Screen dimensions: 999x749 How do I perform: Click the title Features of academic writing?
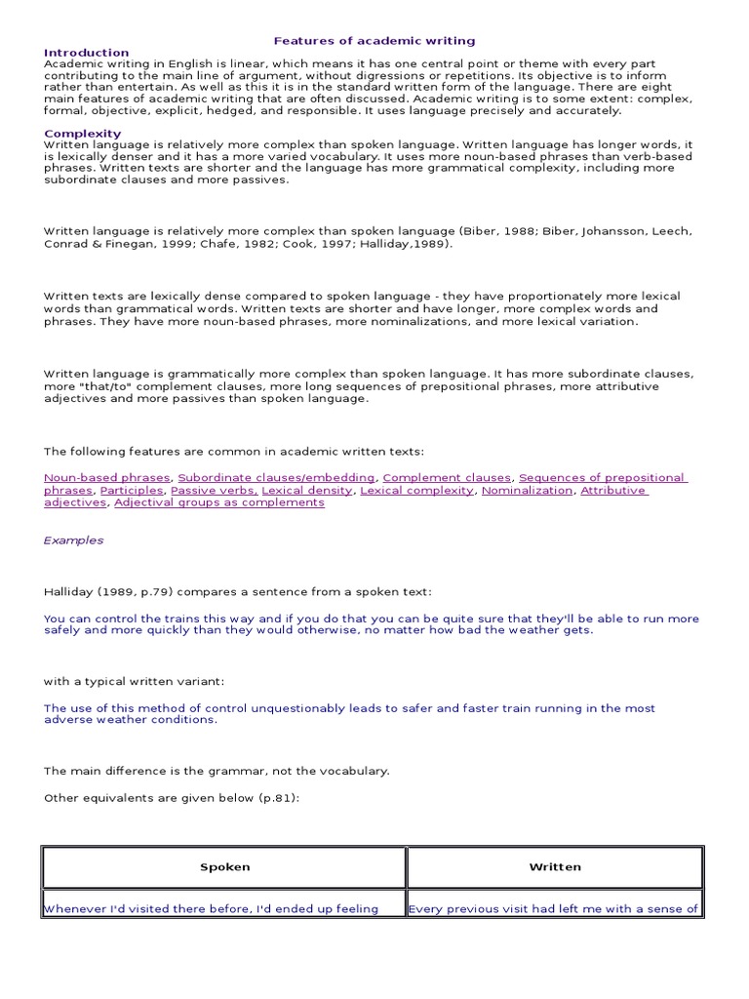point(374,41)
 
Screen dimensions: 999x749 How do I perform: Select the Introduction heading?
point(86,53)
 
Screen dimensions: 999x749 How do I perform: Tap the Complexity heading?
point(83,134)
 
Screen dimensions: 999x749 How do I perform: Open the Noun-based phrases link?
point(106,478)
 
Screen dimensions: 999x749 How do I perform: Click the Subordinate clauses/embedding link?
point(276,478)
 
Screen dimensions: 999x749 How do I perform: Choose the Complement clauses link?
point(447,478)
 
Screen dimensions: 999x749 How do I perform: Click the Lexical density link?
point(306,491)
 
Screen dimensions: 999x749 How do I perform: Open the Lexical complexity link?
point(416,491)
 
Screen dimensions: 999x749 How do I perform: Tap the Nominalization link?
point(527,491)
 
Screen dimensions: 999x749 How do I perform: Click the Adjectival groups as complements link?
point(219,503)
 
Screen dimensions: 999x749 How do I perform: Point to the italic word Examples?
point(73,540)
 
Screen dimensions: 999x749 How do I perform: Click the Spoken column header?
point(224,866)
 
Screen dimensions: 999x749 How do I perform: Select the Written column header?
point(555,866)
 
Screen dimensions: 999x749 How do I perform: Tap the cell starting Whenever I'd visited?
point(211,909)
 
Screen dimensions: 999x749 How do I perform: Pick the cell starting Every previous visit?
point(553,909)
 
